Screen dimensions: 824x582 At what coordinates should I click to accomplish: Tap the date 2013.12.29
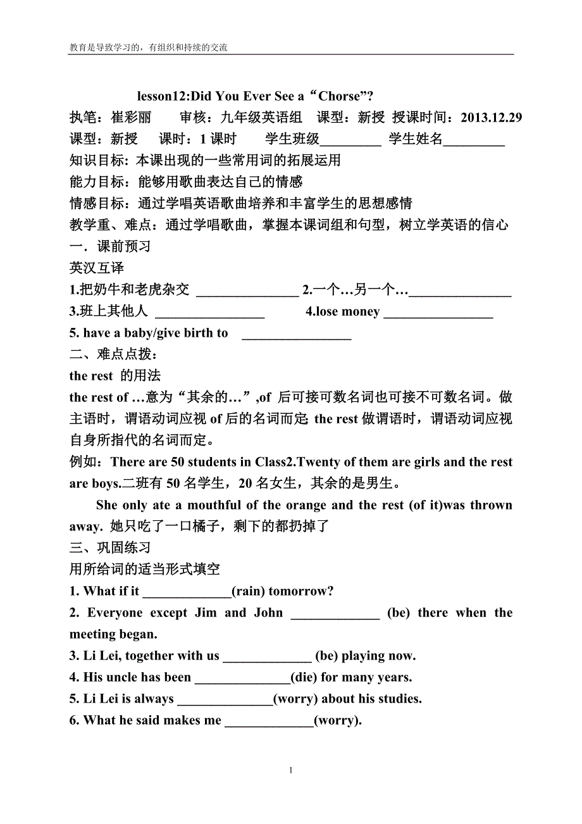[x=492, y=118]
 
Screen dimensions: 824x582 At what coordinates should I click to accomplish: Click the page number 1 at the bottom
[x=290, y=770]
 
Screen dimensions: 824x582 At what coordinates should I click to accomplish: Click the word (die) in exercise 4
[x=304, y=678]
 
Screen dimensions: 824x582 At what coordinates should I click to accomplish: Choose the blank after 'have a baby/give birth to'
[x=297, y=334]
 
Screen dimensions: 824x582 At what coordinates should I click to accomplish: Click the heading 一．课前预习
[x=110, y=246]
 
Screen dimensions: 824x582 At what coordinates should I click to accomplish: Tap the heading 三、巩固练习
[x=110, y=547]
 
